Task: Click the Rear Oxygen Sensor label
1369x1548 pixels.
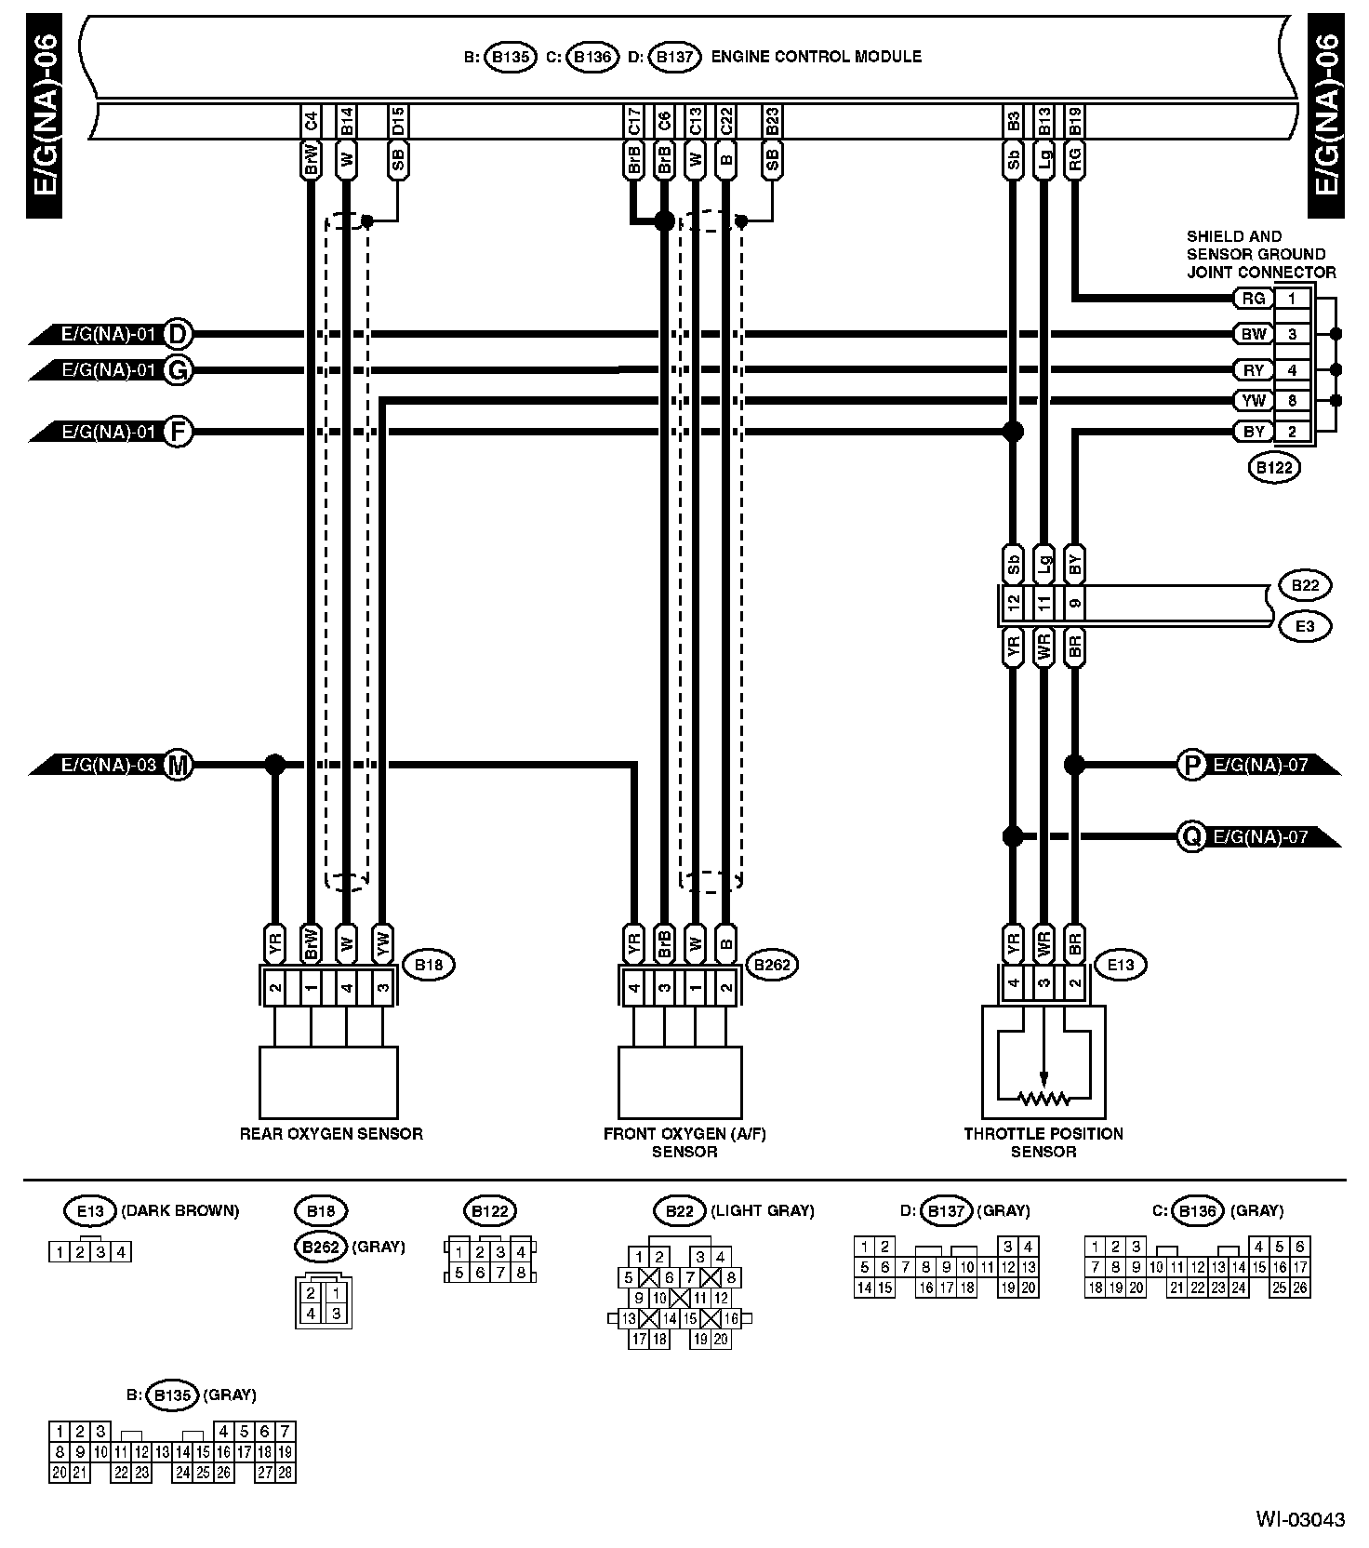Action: pyautogui.click(x=331, y=1133)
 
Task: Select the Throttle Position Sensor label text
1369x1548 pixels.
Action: pyautogui.click(x=1043, y=1141)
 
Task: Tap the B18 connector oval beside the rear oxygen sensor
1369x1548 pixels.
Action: pyautogui.click(x=428, y=965)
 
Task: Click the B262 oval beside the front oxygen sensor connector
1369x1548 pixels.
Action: pyautogui.click(x=772, y=965)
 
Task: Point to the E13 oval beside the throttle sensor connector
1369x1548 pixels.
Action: pyautogui.click(x=1121, y=965)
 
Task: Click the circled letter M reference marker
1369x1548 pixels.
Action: pyautogui.click(x=178, y=765)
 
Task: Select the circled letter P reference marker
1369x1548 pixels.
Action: pyautogui.click(x=1190, y=765)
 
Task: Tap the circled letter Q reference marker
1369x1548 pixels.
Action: pyautogui.click(x=1190, y=836)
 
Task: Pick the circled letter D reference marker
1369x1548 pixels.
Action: pyautogui.click(x=178, y=333)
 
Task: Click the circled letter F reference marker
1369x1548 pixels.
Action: pyautogui.click(x=178, y=432)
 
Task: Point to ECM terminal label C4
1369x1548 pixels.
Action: pyautogui.click(x=312, y=120)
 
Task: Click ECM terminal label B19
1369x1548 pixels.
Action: pyautogui.click(x=1075, y=120)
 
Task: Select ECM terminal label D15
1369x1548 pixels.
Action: pyautogui.click(x=398, y=120)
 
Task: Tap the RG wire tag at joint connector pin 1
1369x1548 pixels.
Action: pyautogui.click(x=1254, y=299)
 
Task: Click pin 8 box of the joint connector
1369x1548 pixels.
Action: pyautogui.click(x=1292, y=401)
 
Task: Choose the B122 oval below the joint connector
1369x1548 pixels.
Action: pyautogui.click(x=1273, y=467)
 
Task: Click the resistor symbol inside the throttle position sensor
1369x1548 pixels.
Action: pyautogui.click(x=1043, y=1099)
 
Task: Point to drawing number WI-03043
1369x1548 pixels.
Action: pyautogui.click(x=1300, y=1520)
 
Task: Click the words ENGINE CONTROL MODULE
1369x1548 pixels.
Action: pyautogui.click(x=816, y=57)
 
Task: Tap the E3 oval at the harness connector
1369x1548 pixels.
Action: pyautogui.click(x=1305, y=626)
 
